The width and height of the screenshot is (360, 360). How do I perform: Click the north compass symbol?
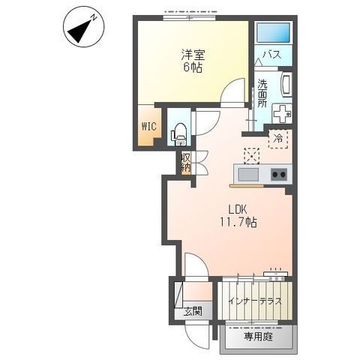[82, 27]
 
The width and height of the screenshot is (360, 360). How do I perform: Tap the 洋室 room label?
[193, 55]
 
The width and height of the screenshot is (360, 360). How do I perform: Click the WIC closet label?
[149, 127]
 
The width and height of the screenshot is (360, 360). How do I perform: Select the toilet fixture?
[178, 135]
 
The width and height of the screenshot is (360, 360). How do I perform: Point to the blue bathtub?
[274, 33]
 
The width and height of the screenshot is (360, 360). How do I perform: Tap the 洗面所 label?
[262, 94]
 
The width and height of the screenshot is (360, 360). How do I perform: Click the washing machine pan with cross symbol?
[282, 113]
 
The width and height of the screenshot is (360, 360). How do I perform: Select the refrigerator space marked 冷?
[278, 139]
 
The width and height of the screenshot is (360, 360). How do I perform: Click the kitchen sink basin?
[248, 175]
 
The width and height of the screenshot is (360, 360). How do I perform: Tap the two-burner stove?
[279, 174]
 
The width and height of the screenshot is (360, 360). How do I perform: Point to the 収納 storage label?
[186, 163]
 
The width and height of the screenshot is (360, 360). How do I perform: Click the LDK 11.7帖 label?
[238, 216]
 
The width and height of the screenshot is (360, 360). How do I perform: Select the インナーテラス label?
[255, 301]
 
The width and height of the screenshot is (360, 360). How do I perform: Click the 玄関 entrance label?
[193, 311]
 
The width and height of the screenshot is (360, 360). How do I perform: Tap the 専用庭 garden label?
[258, 337]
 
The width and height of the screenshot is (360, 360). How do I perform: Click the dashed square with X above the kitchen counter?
[251, 156]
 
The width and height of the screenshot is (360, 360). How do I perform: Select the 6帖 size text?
[193, 67]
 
